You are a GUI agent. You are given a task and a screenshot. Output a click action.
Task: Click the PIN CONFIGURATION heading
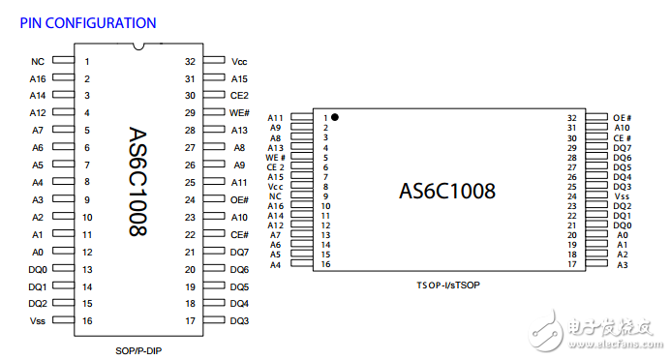click(x=88, y=21)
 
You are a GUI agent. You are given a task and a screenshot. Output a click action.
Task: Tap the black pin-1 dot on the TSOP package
click(x=335, y=116)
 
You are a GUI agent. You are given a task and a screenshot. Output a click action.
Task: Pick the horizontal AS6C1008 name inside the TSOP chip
click(x=447, y=190)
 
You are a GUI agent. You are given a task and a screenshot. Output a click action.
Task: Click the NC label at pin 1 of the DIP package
click(x=38, y=61)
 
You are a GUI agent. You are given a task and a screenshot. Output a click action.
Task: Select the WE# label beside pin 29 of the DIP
click(x=240, y=113)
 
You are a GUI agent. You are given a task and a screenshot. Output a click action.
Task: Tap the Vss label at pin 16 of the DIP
click(x=38, y=320)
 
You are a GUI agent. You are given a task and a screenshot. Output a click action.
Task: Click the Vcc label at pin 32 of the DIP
click(x=239, y=61)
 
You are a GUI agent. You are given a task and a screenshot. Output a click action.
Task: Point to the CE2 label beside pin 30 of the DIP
click(x=239, y=96)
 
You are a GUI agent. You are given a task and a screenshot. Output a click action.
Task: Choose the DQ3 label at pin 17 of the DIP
click(x=240, y=320)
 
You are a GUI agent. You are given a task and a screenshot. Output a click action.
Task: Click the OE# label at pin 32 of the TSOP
click(x=623, y=117)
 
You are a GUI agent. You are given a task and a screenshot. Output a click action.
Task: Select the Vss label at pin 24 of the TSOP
click(x=623, y=195)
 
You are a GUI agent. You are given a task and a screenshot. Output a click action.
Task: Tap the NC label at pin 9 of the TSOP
click(x=275, y=195)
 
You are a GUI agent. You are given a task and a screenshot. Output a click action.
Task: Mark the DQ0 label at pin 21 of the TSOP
click(x=623, y=225)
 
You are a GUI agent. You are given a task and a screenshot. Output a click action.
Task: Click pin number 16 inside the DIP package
click(x=87, y=320)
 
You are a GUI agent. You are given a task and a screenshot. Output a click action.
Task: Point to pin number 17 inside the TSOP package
click(x=572, y=264)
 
